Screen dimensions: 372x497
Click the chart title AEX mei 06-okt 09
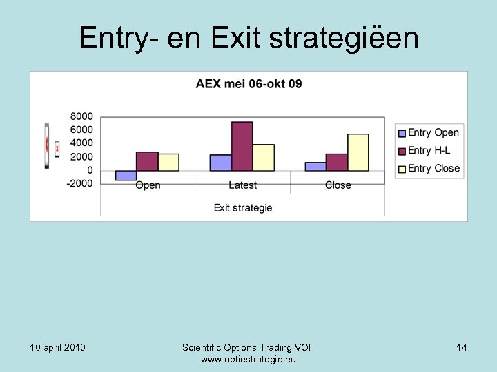tap(248, 84)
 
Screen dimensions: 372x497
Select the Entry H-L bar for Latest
tap(242, 146)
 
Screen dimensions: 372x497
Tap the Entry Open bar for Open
tap(126, 175)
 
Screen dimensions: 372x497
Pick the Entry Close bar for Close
tap(358, 152)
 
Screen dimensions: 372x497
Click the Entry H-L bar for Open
tap(147, 161)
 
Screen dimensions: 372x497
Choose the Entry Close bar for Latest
tap(263, 157)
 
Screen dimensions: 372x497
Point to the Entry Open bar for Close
tap(315, 166)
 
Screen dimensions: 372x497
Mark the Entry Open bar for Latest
tap(220, 163)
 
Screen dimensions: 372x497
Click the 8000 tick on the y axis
tap(82, 116)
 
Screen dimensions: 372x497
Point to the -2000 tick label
tap(80, 183)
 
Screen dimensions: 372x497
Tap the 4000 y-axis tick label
tap(82, 143)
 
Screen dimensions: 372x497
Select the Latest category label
tap(242, 185)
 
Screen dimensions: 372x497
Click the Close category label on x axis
tap(338, 185)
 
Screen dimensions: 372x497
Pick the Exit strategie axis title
tap(243, 207)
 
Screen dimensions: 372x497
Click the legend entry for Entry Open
tap(433, 132)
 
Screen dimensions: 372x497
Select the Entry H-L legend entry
tap(429, 150)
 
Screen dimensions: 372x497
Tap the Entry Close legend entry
tap(433, 168)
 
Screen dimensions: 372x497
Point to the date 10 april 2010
tap(58, 347)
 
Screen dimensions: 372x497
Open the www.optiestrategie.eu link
tap(248, 360)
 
